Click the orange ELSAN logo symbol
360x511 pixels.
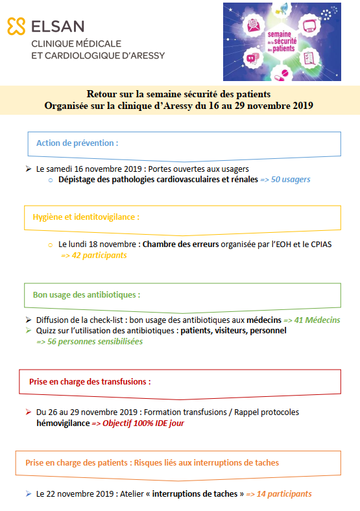point(16,26)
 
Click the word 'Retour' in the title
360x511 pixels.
point(104,94)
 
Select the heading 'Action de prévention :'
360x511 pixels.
point(77,143)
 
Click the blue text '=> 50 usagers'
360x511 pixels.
point(285,180)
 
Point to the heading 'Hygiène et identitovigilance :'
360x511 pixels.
point(86,217)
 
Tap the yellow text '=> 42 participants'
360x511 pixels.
point(94,255)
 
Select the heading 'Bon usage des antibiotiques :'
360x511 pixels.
point(86,294)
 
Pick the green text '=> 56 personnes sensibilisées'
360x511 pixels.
point(90,341)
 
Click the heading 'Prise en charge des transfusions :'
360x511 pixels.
point(90,381)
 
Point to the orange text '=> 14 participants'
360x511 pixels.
point(279,493)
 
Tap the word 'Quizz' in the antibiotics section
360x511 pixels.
point(47,331)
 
